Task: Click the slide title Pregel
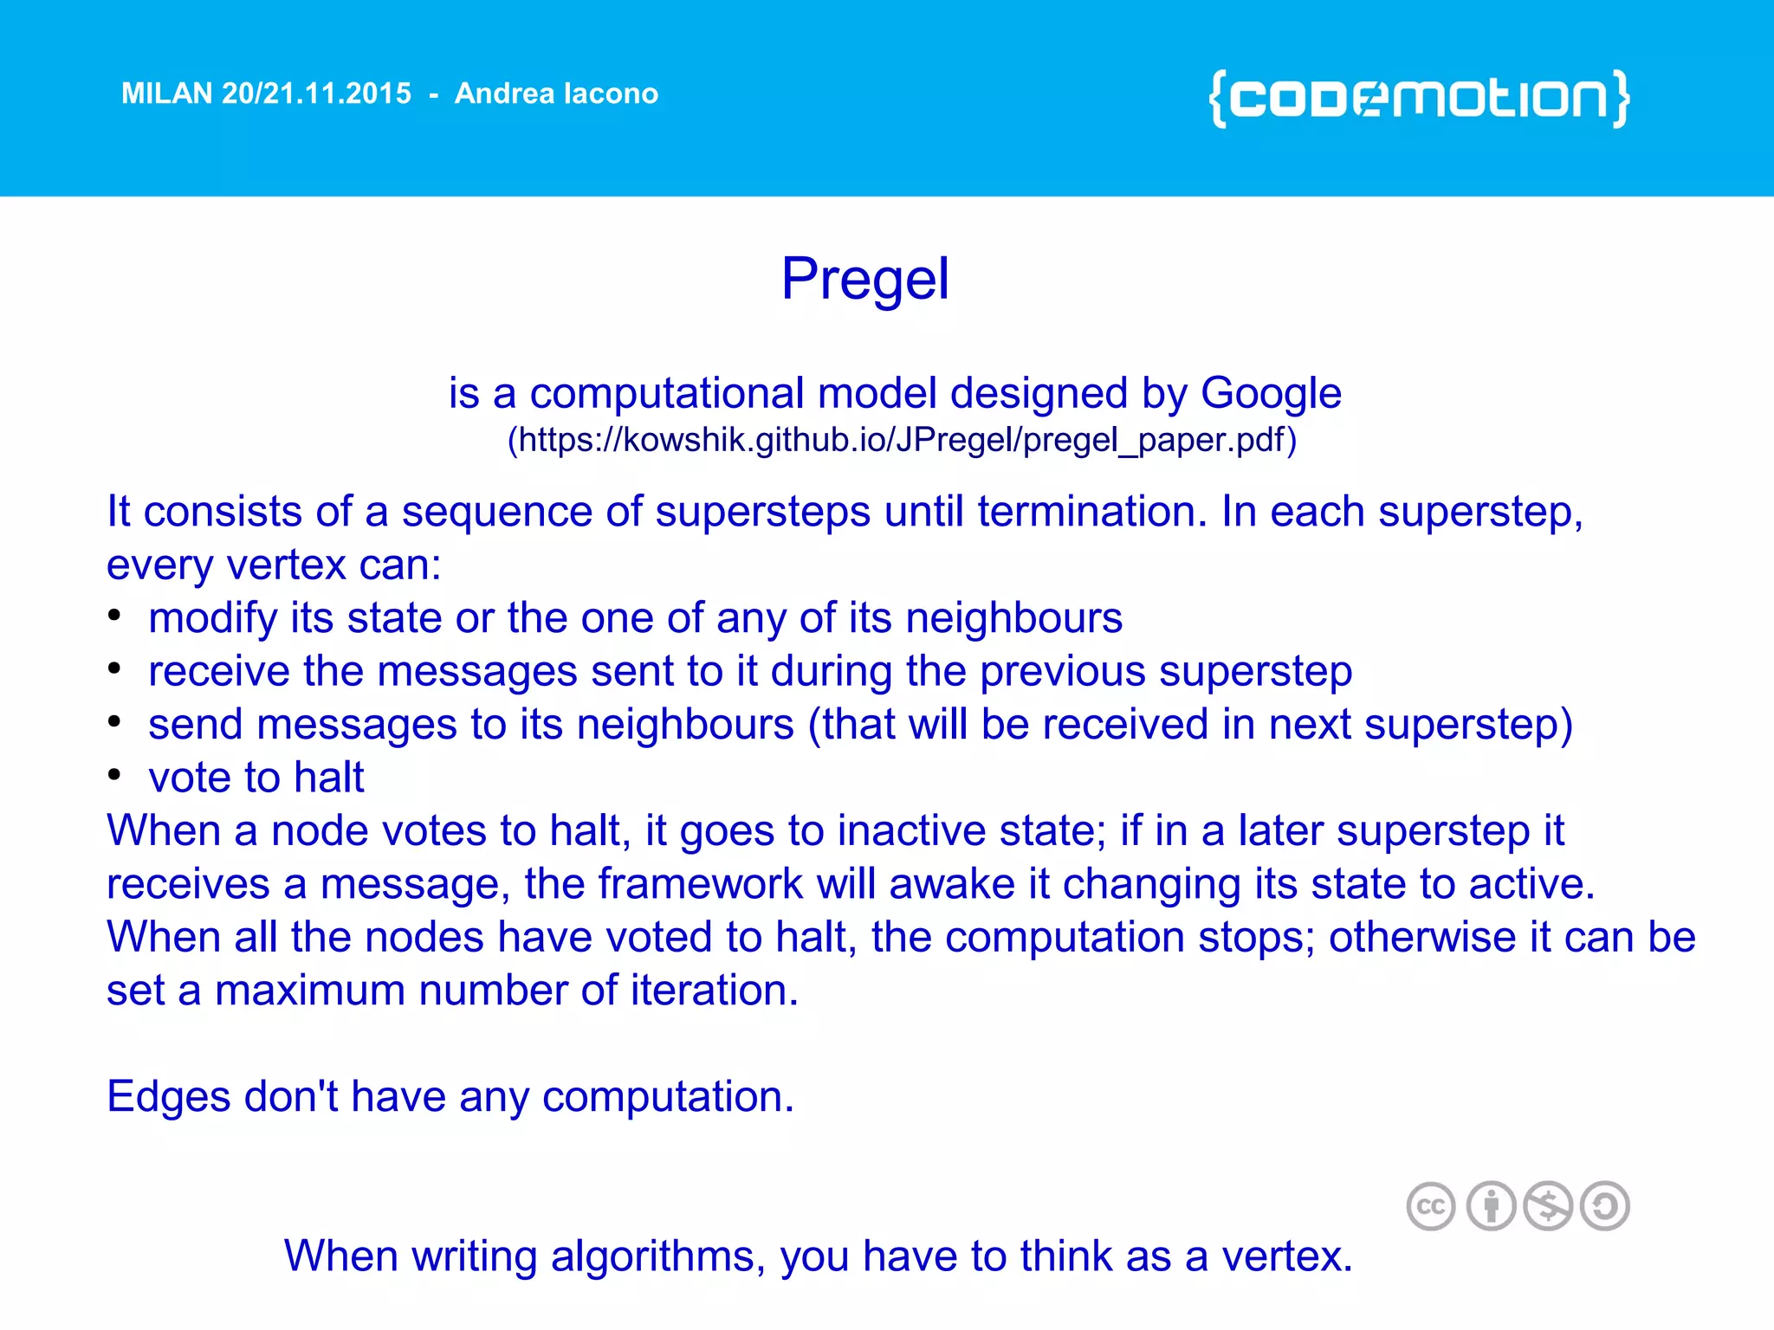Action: point(864,279)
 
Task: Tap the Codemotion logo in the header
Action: point(1419,98)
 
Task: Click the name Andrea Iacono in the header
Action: point(556,94)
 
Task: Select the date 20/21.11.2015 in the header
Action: point(316,94)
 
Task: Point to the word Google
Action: point(1271,394)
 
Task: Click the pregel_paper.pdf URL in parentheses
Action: point(901,440)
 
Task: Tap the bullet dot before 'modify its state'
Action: point(114,616)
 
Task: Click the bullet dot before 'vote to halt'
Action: point(114,775)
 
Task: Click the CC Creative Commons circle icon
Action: point(1430,1206)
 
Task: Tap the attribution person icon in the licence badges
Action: point(1491,1206)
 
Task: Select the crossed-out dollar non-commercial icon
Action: point(1548,1206)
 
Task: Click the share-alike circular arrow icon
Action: point(1604,1206)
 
